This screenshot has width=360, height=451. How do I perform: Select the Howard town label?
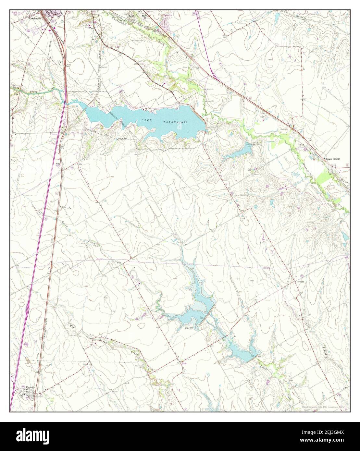click(301, 282)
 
